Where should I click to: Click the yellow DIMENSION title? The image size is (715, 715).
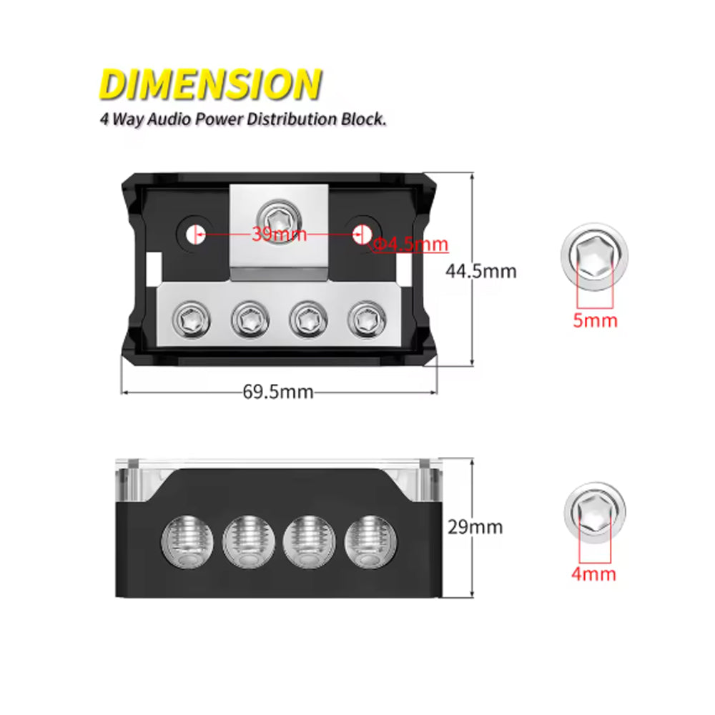coord(210,84)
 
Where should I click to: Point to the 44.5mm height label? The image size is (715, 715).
coord(480,271)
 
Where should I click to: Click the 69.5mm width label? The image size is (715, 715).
coord(278,391)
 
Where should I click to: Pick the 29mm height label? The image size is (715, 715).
coord(475,528)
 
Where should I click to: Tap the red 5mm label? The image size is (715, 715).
coord(595,320)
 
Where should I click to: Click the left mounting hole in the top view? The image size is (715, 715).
coord(193,233)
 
